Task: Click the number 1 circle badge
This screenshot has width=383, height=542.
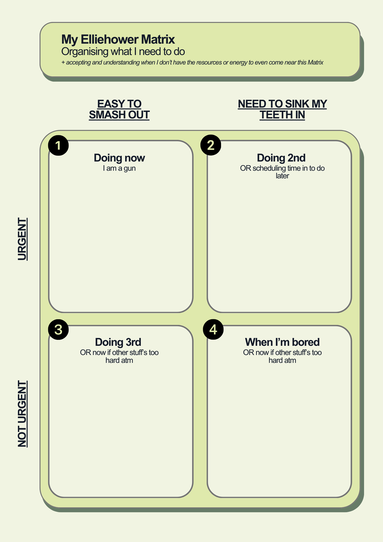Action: [x=58, y=146]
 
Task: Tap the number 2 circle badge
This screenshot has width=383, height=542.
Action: [x=211, y=145]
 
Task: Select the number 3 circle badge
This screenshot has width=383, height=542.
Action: [x=58, y=330]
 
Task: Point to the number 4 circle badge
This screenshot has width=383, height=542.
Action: [x=213, y=330]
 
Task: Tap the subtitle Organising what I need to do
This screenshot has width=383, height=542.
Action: [x=123, y=51]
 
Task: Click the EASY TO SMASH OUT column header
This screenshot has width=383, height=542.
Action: [x=119, y=109]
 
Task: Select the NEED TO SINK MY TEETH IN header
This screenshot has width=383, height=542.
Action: [x=282, y=109]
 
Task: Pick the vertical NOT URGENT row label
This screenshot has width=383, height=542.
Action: [x=22, y=414]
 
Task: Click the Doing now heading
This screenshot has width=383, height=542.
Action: [x=119, y=158]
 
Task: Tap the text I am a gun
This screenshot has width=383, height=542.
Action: [x=119, y=168]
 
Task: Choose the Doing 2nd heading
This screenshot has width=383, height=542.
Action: [x=281, y=158]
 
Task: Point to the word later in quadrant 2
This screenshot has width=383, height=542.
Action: [x=282, y=176]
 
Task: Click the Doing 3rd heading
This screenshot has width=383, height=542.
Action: [x=118, y=342]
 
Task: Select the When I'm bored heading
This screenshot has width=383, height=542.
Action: [x=282, y=342]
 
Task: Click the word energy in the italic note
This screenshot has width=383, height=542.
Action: [x=238, y=63]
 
